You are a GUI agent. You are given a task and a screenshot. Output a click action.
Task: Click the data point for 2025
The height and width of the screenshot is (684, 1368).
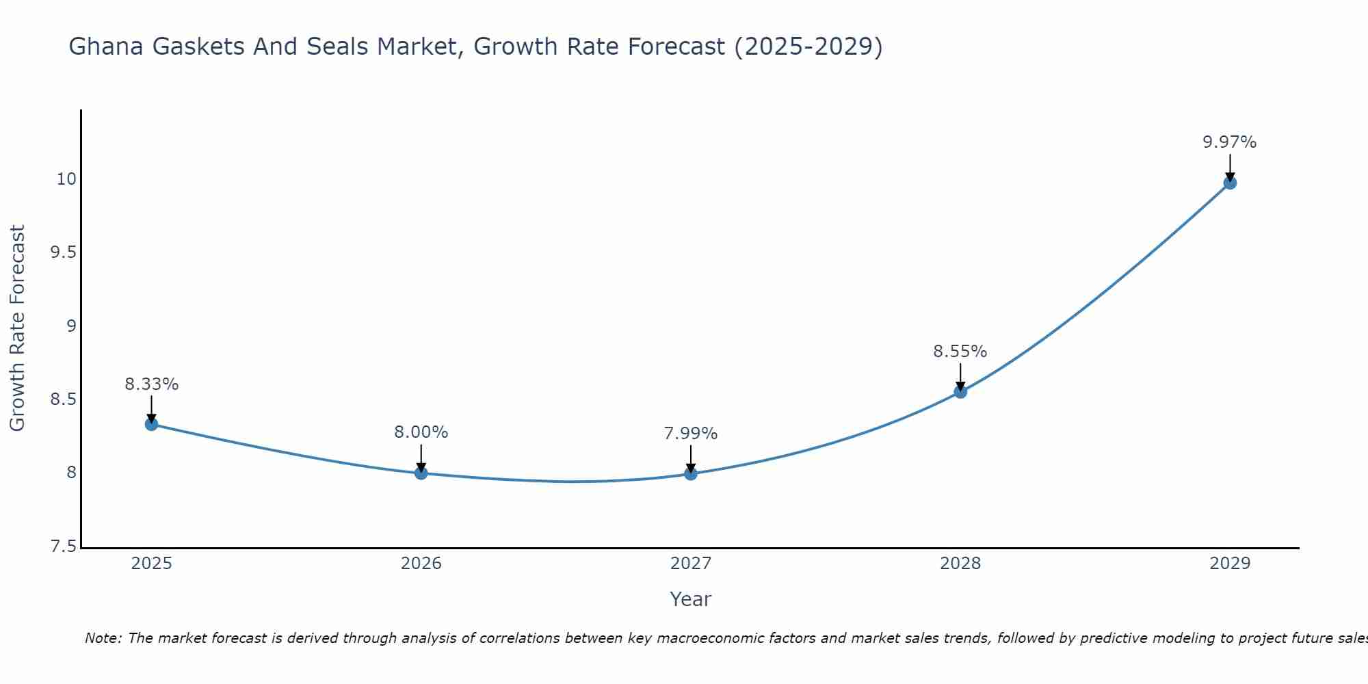(151, 424)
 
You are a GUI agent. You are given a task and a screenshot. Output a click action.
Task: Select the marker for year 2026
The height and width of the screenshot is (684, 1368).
(421, 473)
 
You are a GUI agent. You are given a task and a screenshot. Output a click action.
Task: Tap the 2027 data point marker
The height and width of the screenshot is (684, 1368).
(690, 473)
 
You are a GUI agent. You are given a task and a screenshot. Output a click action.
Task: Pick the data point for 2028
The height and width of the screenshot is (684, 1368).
(960, 392)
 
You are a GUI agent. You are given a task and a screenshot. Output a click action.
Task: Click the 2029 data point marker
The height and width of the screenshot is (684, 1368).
(1229, 183)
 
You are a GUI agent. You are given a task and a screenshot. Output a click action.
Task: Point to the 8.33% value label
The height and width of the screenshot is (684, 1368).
(151, 384)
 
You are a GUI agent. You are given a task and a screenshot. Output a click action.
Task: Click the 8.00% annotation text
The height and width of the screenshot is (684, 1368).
(421, 432)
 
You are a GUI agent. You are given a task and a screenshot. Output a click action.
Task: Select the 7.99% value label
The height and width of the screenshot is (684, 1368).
(690, 434)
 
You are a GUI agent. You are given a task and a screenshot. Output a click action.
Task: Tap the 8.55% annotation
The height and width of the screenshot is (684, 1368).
(960, 352)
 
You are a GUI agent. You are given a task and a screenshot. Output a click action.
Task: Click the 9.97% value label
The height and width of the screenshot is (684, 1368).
(1229, 142)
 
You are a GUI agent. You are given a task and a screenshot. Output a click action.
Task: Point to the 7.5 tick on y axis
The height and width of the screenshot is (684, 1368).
(63, 547)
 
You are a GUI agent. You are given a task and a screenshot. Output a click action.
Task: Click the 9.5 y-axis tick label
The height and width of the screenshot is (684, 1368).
(63, 252)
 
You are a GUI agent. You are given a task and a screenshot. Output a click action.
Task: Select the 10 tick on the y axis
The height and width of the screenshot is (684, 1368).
(66, 179)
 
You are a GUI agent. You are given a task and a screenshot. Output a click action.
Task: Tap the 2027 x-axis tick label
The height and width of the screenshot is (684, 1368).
(690, 564)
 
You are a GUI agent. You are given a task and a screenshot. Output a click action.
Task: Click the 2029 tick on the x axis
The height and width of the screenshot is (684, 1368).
(1229, 564)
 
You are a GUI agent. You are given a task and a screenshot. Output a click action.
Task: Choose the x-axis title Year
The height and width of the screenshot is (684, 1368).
(690, 599)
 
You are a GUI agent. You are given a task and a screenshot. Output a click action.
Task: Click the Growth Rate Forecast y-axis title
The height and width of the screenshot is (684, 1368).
(17, 328)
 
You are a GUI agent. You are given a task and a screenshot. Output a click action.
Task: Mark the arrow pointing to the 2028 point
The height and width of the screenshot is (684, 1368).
(960, 376)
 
